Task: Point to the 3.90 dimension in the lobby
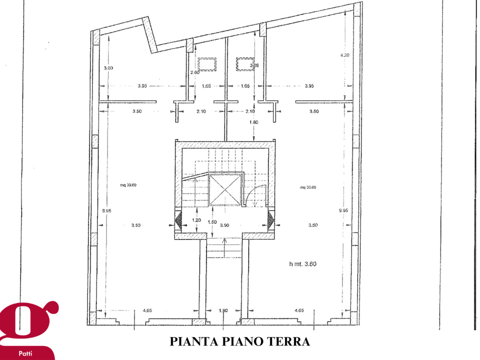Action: point(224,225)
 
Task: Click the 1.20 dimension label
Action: point(196,220)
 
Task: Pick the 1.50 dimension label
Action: point(212,221)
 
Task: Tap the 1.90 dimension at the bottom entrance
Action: point(223,311)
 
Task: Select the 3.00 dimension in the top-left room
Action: point(108,68)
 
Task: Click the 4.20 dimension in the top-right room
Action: point(344,55)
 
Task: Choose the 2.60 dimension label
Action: point(195,72)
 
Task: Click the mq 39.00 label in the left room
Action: point(128,184)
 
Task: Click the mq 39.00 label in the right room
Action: point(308,187)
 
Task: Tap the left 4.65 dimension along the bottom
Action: point(147,311)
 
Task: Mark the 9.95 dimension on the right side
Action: point(343,210)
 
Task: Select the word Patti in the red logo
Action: point(25,353)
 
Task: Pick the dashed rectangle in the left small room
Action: point(206,64)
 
